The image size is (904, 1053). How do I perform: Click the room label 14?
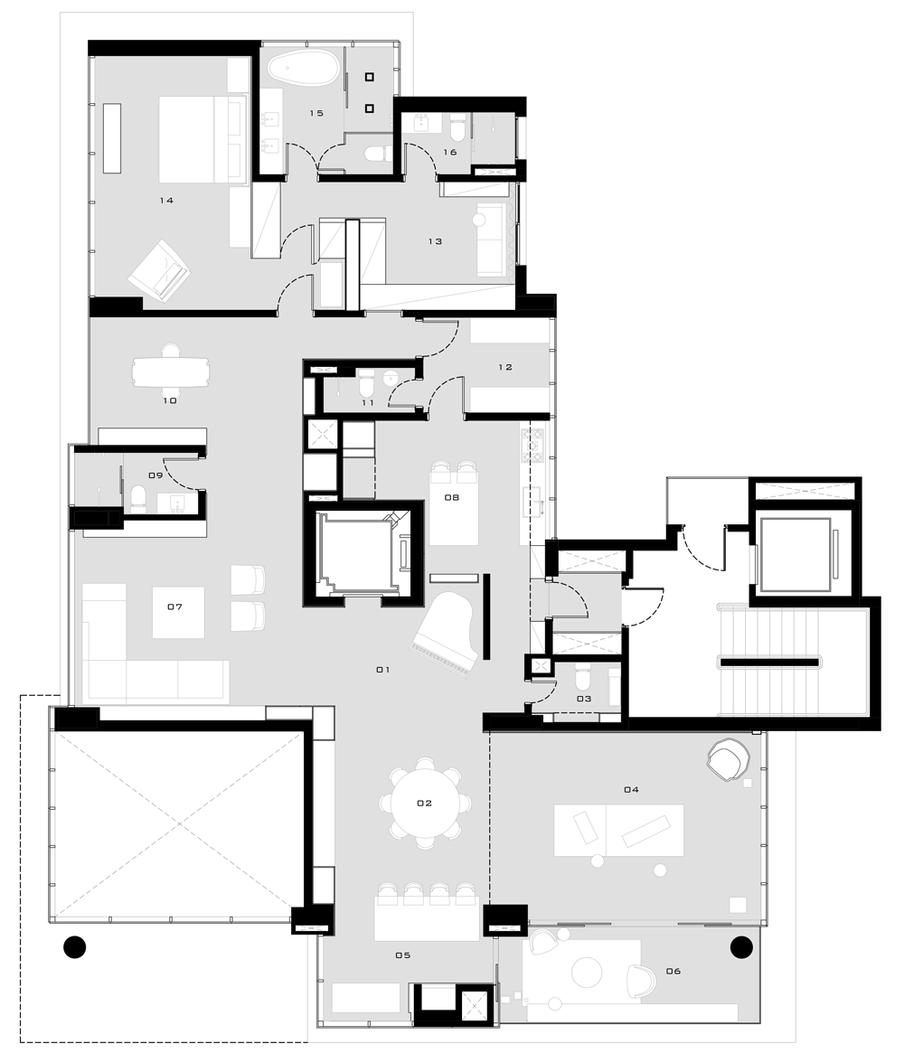[166, 200]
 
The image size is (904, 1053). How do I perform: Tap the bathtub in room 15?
[303, 69]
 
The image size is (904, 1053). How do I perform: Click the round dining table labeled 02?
[425, 804]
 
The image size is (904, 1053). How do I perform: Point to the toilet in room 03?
[582, 678]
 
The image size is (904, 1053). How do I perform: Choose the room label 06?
[673, 971]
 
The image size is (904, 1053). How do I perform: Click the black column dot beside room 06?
[741, 947]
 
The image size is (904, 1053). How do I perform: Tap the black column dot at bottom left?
[74, 947]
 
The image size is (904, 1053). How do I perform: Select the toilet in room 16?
[457, 127]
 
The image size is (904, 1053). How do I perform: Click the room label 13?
[435, 241]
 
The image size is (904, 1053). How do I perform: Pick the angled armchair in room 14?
[159, 270]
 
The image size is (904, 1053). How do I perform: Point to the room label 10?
[170, 400]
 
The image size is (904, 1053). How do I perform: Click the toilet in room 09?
[137, 499]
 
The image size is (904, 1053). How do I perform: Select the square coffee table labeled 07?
[179, 613]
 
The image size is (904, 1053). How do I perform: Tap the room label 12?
[505, 367]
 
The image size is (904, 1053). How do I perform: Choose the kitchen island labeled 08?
[453, 508]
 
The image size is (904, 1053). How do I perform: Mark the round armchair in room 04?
[728, 759]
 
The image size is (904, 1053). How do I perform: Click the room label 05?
[403, 955]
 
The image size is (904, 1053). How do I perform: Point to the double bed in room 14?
[202, 140]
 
